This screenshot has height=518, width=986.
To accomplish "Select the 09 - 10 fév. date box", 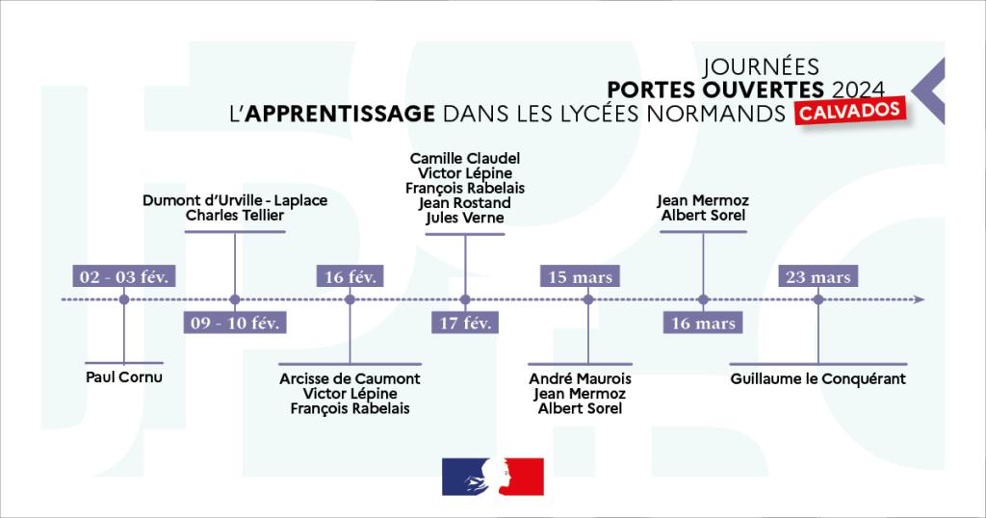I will click(234, 323).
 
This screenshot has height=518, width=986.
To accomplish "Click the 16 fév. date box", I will click(350, 276).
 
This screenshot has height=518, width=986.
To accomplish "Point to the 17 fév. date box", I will click(465, 323).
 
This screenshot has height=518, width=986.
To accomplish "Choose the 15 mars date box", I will click(580, 276).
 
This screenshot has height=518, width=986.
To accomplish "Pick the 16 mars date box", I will click(703, 323).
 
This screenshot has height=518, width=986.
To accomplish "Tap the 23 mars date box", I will click(817, 276).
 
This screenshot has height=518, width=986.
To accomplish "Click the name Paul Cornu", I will click(124, 377).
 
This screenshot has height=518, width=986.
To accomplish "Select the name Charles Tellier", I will click(235, 216).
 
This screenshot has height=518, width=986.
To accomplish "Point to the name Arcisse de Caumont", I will click(350, 379).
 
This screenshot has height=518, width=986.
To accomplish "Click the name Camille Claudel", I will click(465, 158).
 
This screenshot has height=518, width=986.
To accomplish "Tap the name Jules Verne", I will click(465, 219).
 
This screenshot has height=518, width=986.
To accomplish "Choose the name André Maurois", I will click(581, 379).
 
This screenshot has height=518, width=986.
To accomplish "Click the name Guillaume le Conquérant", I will click(818, 379).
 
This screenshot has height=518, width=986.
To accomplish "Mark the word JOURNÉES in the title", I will click(762, 67).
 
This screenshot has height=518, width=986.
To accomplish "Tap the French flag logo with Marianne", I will click(493, 477).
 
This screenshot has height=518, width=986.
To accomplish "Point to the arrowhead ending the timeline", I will click(920, 299).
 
